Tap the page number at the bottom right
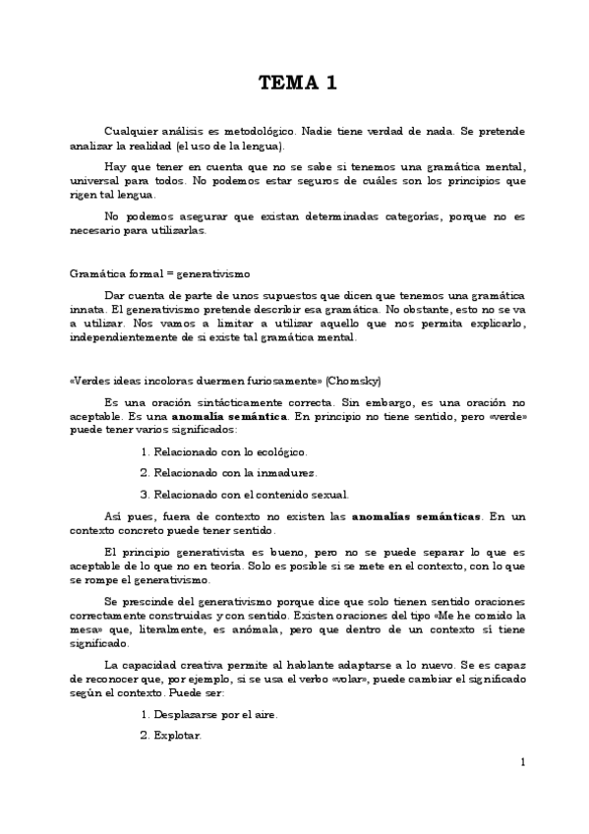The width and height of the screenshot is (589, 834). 523,762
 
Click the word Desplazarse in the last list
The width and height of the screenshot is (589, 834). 194,714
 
